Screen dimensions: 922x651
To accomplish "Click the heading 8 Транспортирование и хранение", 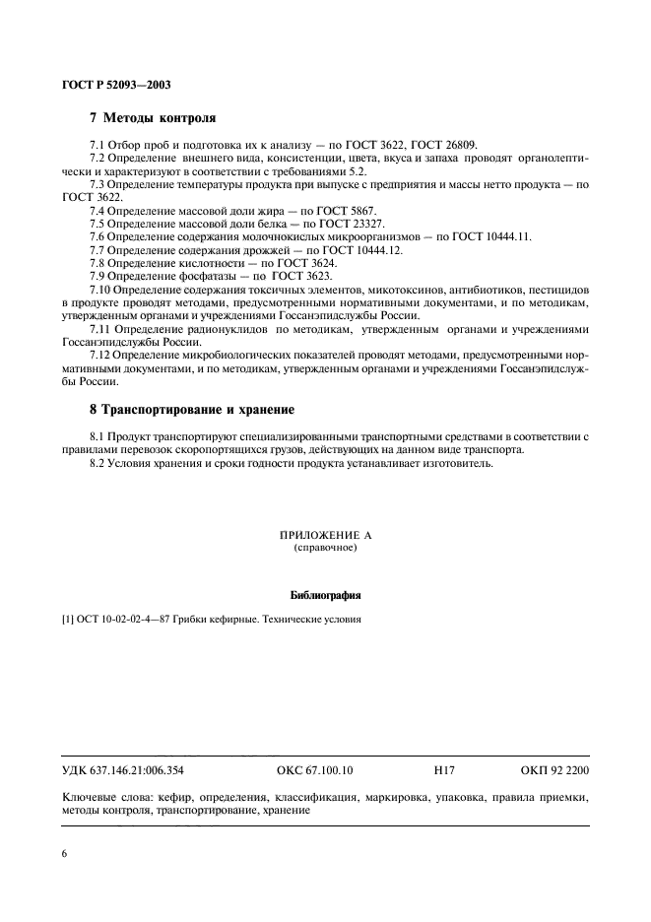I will pos(192,409).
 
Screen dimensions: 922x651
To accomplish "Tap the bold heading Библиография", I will pos(326,595).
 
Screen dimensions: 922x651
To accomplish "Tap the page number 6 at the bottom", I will pos(64,853).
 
